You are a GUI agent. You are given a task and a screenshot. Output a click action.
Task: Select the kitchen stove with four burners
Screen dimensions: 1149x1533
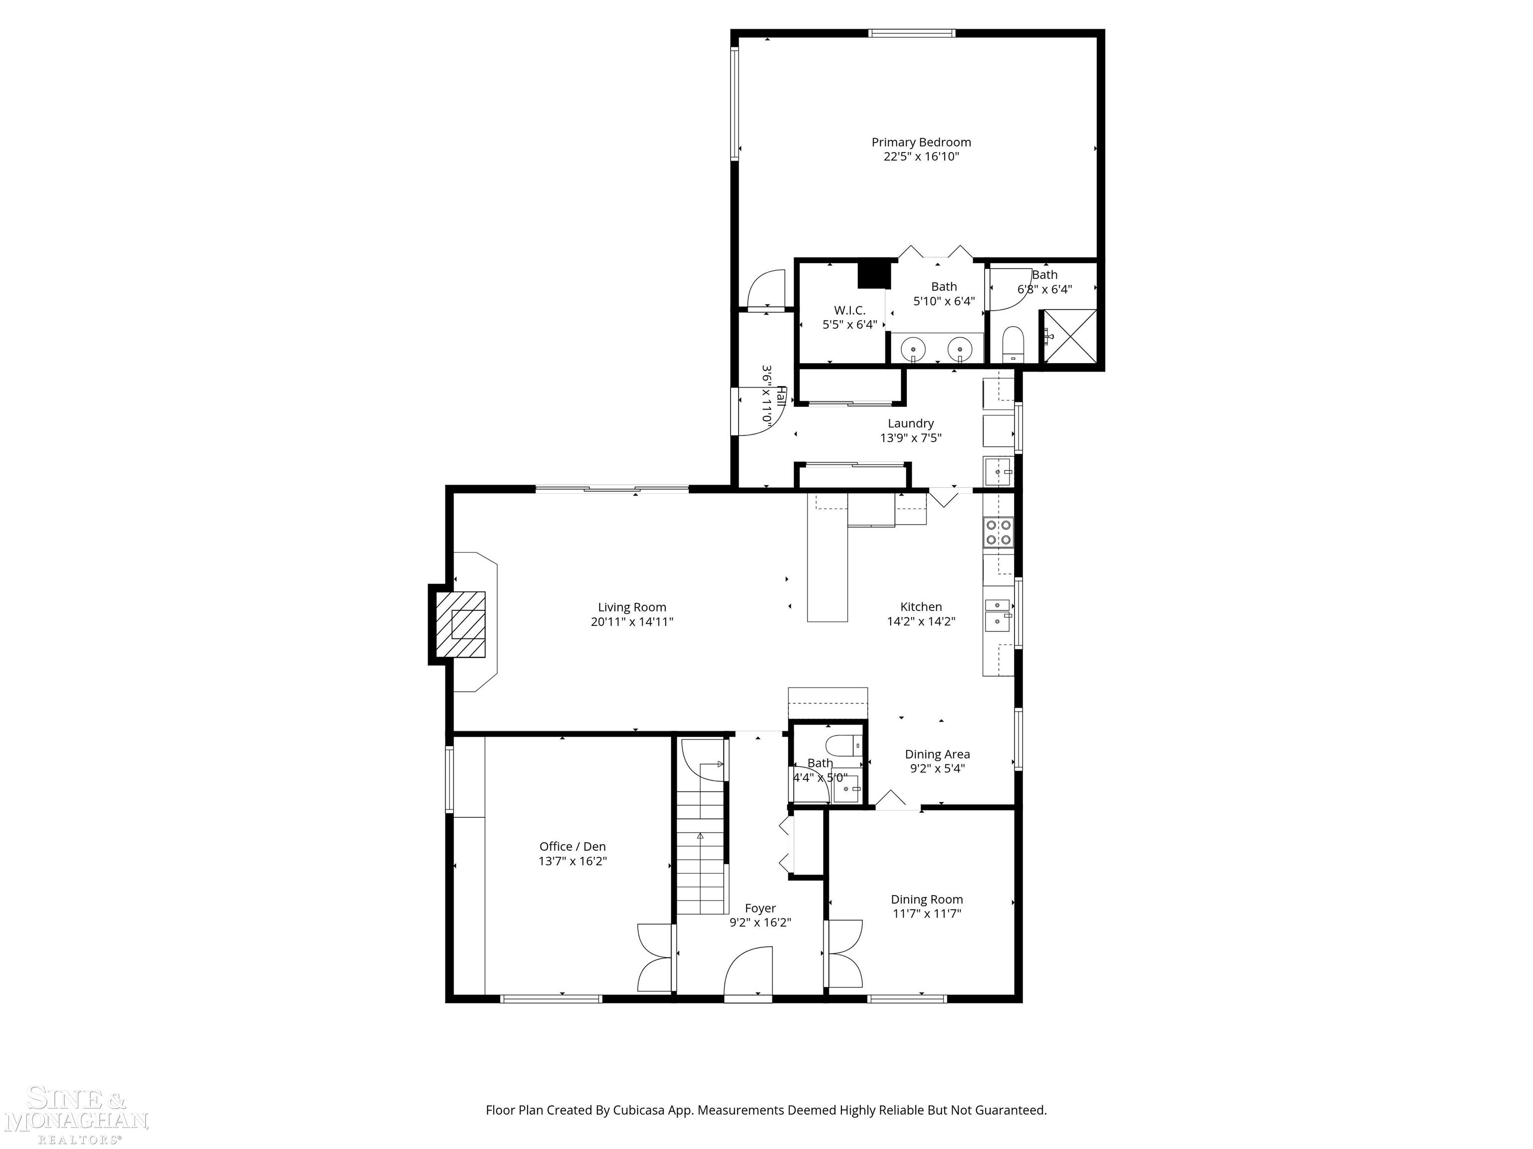point(999,532)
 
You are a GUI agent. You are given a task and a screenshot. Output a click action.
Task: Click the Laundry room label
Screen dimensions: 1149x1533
point(911,423)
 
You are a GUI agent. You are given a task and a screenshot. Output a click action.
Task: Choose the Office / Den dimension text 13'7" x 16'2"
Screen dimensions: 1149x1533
point(572,861)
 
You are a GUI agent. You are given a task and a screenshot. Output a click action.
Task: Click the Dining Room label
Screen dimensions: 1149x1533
point(927,899)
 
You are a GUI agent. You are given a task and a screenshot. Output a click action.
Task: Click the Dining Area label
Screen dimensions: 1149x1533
point(937,754)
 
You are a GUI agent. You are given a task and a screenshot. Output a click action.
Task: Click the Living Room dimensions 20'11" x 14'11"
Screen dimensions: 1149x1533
point(631,622)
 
